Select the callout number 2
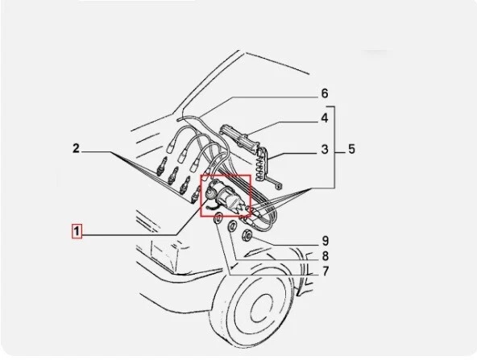[x=76, y=148]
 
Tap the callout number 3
[x=324, y=149]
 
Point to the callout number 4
[x=324, y=118]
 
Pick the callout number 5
[x=350, y=149]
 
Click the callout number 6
[x=324, y=93]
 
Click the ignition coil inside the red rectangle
[x=225, y=195]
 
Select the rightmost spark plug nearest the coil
[x=195, y=191]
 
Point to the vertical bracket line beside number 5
[x=336, y=149]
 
